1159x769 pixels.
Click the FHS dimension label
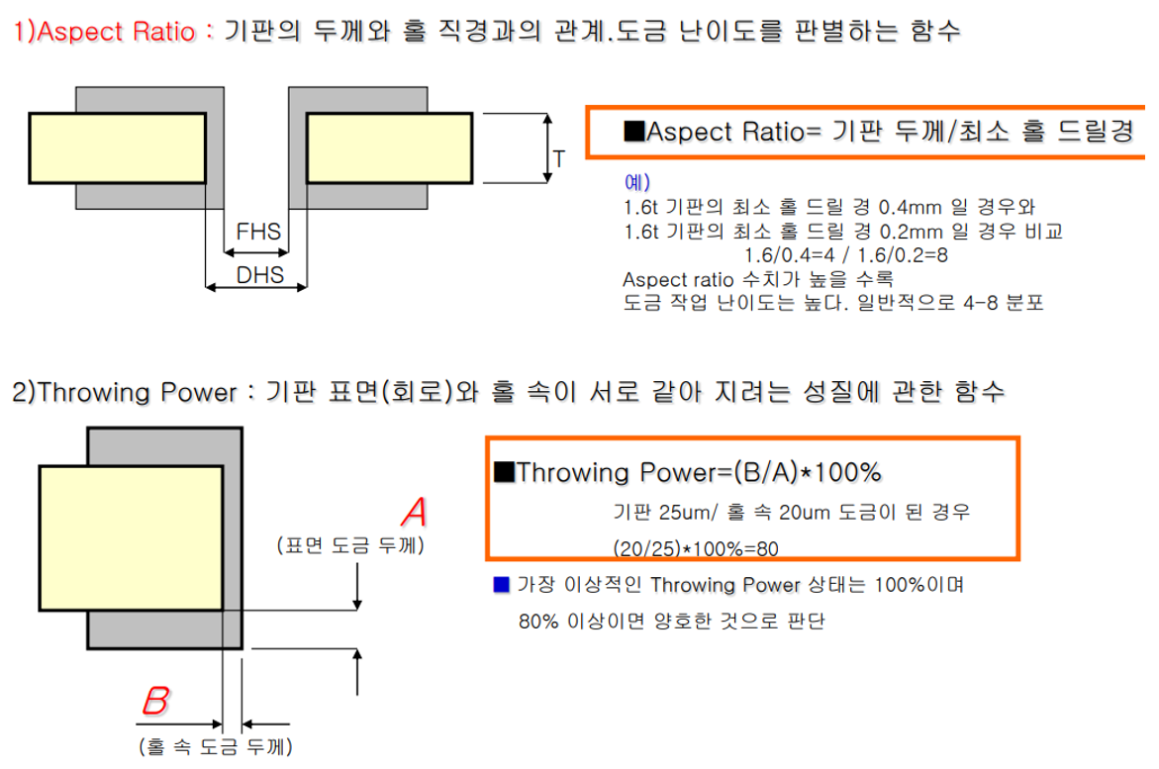coord(258,235)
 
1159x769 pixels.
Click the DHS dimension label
coord(258,276)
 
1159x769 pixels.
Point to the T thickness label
coord(559,157)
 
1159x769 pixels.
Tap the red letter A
coord(415,513)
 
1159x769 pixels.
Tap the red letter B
coord(155,702)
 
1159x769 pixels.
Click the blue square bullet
coord(501,584)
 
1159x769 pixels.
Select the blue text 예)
coord(637,183)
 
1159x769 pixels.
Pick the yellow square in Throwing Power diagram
coord(130,540)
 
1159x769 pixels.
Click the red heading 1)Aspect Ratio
coord(103,31)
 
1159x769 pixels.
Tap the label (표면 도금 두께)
coord(351,544)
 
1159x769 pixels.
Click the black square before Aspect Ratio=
coord(633,133)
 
